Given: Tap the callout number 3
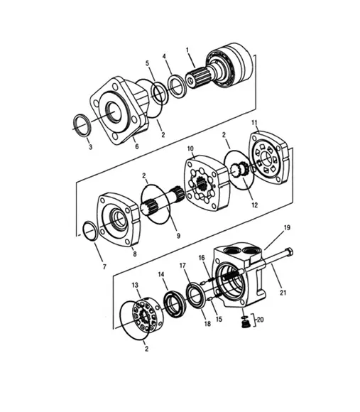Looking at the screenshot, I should point(89,147).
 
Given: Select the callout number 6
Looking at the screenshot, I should point(137,147).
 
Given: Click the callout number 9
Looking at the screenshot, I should point(178,235).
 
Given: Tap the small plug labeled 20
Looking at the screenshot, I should point(245,324).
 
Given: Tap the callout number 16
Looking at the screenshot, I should point(201,258).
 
